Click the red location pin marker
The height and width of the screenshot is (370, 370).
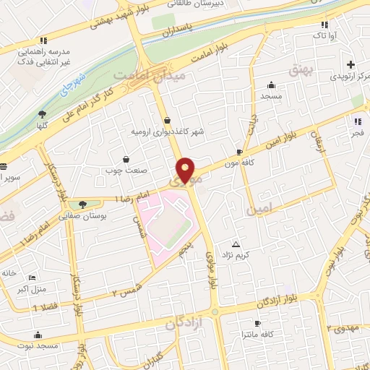[187, 169]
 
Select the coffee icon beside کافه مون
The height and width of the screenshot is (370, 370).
[240, 152]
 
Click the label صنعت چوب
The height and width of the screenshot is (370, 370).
[126, 171]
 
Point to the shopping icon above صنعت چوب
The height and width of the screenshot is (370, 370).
[126, 159]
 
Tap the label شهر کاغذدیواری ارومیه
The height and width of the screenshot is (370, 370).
[168, 132]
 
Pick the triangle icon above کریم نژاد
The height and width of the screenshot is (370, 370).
[236, 244]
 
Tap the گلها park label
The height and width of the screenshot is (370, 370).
[42, 125]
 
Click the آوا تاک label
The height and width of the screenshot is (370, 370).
[319, 35]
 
